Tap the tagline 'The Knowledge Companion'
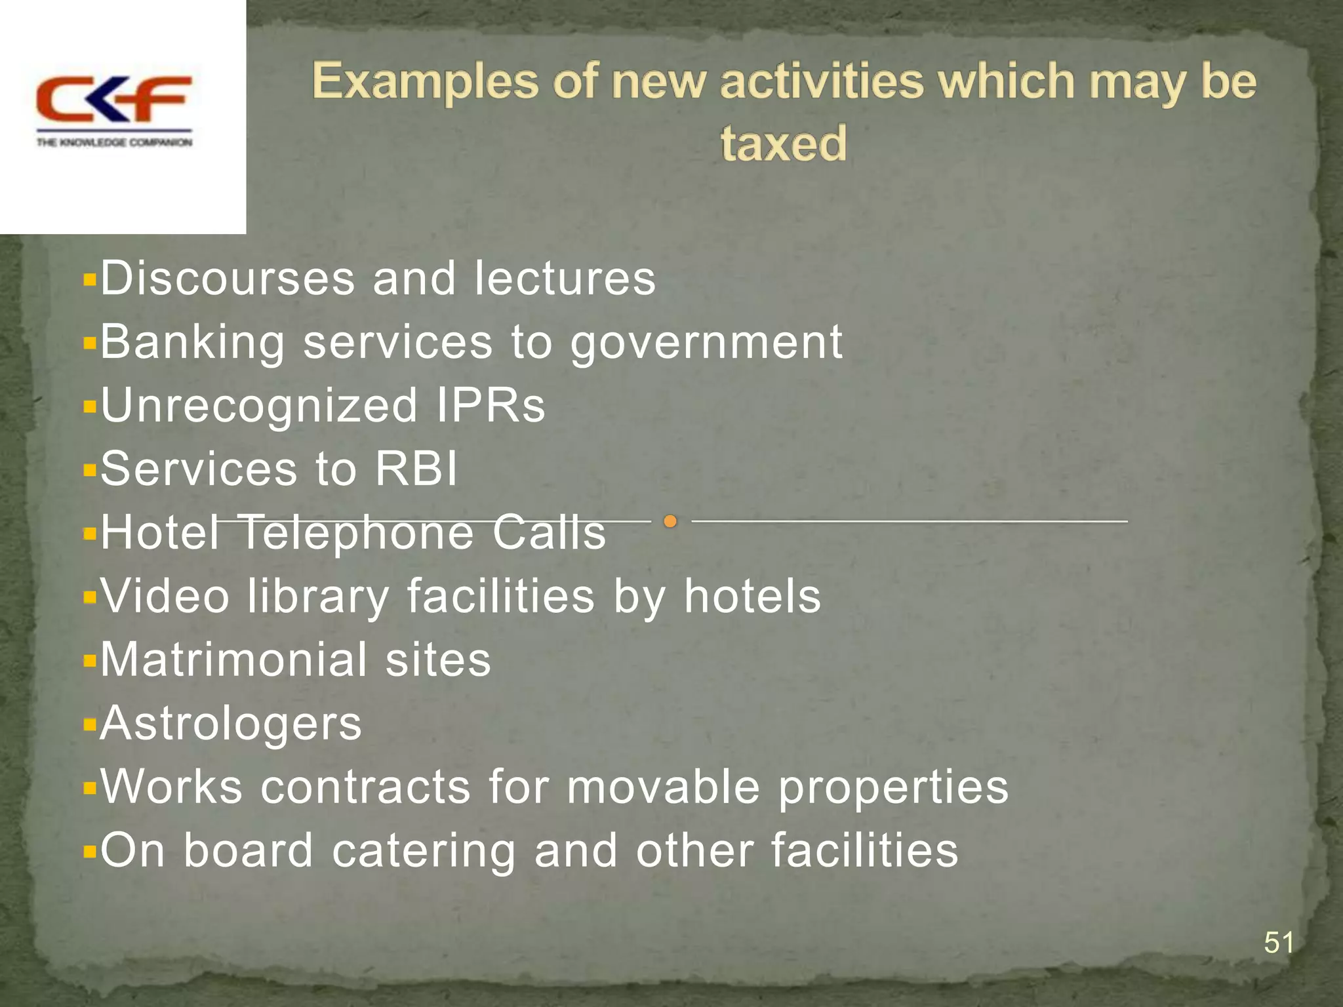114,142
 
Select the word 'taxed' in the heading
784,143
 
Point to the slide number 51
1278,943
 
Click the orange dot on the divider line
670,522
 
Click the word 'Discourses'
228,278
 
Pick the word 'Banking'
193,343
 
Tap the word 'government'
706,343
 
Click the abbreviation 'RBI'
416,469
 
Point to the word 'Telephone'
357,532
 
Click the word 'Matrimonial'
233,660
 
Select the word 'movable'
663,787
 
